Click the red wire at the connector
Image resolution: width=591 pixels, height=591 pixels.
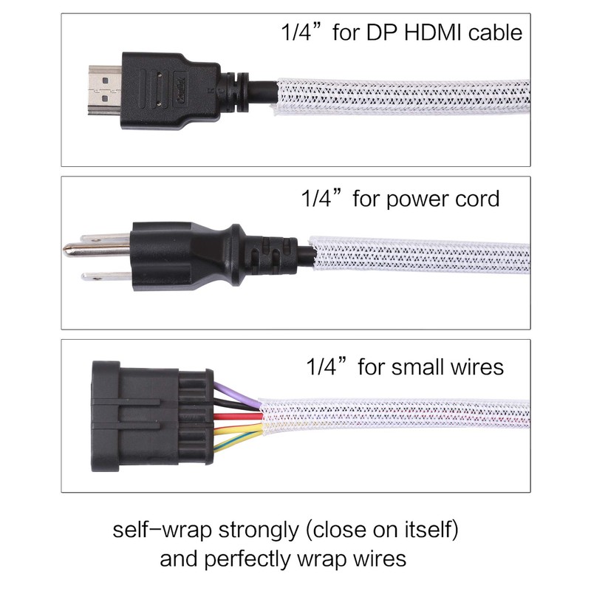[236, 418]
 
